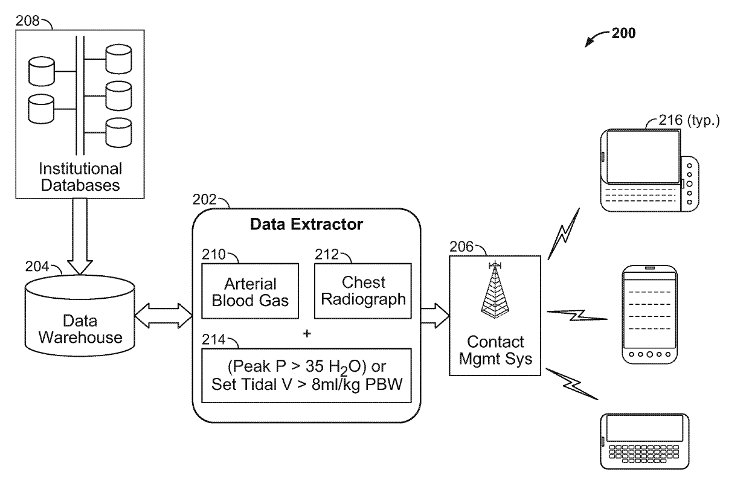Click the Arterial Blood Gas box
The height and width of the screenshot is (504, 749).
point(249,292)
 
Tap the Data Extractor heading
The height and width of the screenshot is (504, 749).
point(306,225)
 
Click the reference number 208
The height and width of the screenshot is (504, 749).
point(28,22)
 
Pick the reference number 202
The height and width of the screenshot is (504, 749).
point(204,199)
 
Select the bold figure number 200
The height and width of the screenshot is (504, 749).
point(623,34)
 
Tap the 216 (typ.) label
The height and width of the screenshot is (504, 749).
point(690,121)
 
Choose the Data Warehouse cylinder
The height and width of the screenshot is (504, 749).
point(80,320)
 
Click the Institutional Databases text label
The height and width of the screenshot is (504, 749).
point(80,176)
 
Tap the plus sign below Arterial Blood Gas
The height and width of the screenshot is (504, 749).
point(307,333)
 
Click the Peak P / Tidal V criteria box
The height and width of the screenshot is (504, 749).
point(306,376)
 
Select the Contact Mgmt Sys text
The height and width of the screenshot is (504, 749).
point(495,351)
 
